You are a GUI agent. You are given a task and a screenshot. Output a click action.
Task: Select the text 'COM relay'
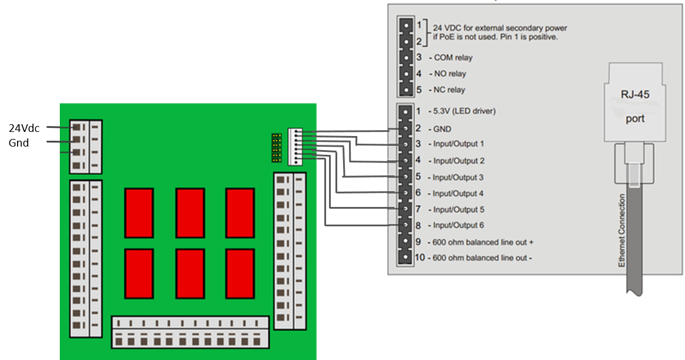coord(453,58)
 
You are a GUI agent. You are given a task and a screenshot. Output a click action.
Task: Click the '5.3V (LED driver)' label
coord(464,111)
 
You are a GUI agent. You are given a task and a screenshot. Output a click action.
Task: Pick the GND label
coord(442,128)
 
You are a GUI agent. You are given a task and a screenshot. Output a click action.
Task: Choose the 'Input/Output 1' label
coord(459,144)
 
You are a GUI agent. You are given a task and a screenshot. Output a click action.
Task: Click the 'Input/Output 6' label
coord(459,225)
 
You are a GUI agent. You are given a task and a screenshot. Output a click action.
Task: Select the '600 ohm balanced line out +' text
coord(482,242)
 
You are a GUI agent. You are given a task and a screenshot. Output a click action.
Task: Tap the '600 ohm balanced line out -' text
coord(481,258)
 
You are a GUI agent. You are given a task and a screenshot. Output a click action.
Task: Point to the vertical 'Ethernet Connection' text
coord(622,231)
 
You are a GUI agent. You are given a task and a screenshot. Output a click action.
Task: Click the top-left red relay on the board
coord(139,213)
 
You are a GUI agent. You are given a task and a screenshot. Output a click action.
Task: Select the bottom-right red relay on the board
coord(240,274)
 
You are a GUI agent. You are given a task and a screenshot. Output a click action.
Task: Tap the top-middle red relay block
coord(190,213)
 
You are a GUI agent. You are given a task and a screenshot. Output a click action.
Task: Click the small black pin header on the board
coord(276,148)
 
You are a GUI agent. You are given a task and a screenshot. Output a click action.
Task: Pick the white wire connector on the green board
coord(294,147)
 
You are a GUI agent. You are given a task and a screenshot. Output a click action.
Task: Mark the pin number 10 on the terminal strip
coord(420,257)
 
